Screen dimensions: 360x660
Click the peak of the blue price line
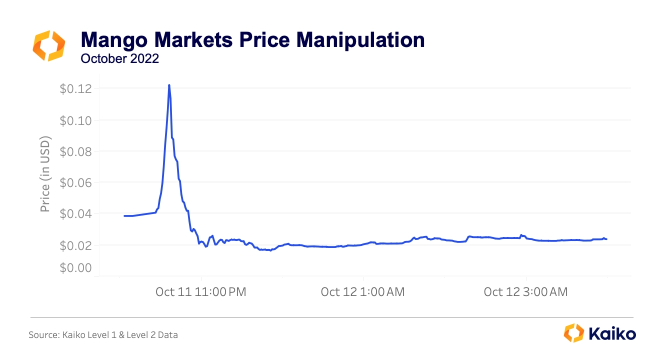click(169, 85)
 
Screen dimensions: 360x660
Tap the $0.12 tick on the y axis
click(76, 89)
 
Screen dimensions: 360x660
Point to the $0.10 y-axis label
click(76, 120)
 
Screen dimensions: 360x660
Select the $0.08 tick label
click(76, 151)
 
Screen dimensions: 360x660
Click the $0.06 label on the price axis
click(76, 182)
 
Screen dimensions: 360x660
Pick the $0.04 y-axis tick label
click(76, 214)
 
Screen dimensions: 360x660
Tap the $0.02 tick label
click(76, 245)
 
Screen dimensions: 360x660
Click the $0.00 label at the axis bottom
click(76, 268)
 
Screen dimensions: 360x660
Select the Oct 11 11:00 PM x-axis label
click(201, 292)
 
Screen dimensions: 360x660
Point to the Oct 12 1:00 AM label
click(363, 292)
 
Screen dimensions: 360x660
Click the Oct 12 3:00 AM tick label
click(525, 292)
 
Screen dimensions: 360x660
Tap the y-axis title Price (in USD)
click(45, 173)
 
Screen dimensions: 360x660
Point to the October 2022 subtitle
click(119, 58)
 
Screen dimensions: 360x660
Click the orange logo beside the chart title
click(48, 45)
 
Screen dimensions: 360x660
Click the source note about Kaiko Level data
click(103, 335)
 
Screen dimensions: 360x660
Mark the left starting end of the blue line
click(124, 216)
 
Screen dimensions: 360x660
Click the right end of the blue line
click(606, 239)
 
